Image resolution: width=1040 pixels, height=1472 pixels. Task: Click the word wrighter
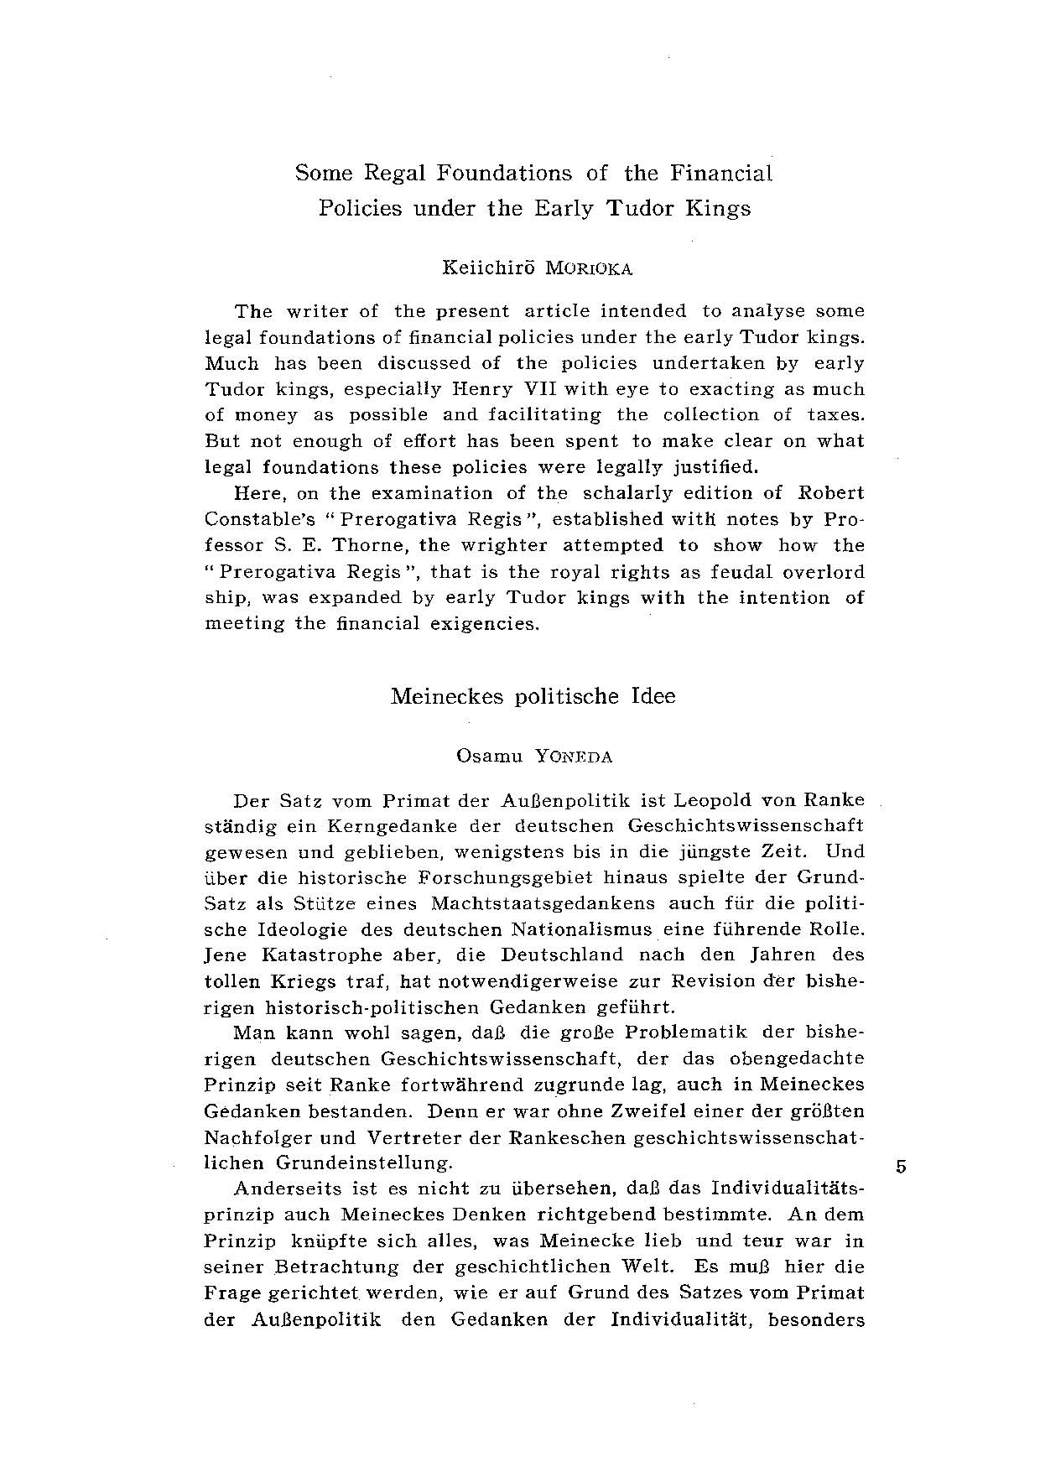coord(502,545)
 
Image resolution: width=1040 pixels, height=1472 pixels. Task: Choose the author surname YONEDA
coord(573,757)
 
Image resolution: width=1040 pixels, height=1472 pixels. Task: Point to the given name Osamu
coord(489,756)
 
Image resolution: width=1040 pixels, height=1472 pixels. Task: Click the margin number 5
coord(900,1166)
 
